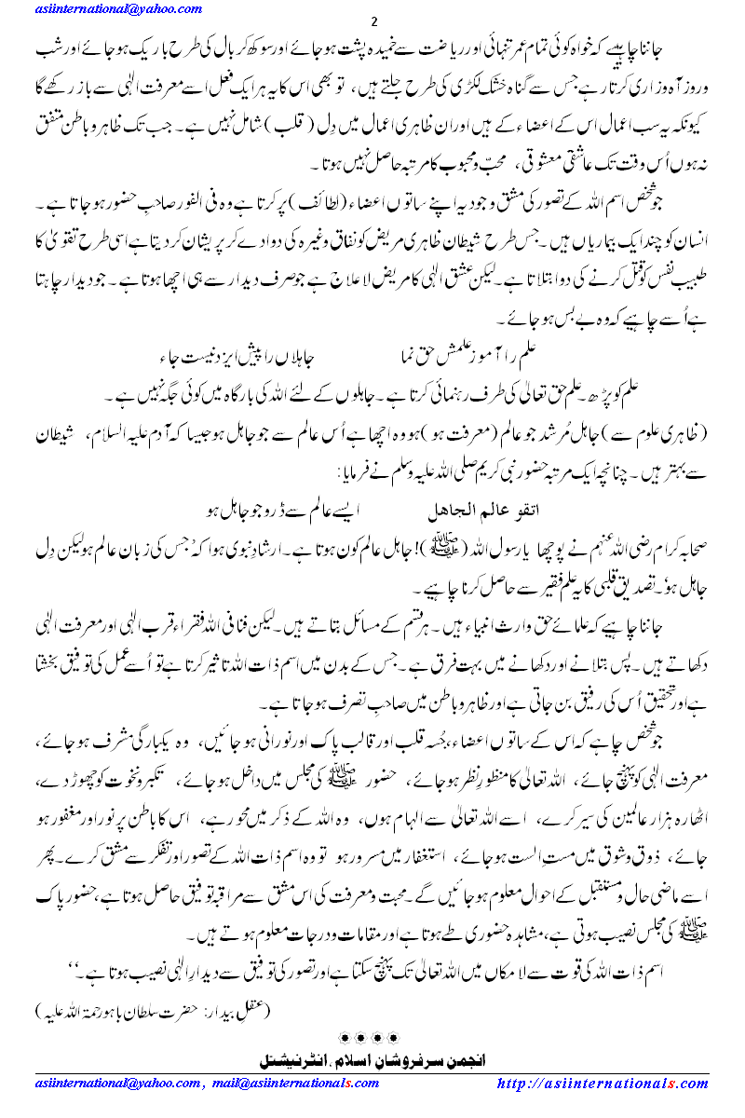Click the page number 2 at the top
373,21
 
